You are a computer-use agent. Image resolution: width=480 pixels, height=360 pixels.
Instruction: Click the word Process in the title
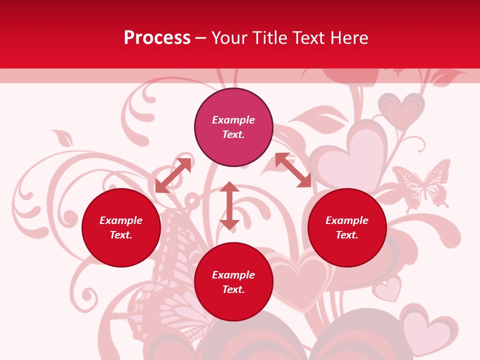coord(157,38)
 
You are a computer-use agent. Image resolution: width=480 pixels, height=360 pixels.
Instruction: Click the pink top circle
coord(233,127)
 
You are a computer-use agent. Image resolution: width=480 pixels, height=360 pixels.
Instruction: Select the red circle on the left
coord(121,227)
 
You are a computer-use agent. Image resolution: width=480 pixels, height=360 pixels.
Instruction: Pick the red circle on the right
coord(347,227)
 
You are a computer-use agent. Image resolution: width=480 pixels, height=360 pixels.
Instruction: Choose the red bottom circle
coord(233,282)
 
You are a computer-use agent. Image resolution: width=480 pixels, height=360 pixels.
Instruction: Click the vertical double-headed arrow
coord(229,205)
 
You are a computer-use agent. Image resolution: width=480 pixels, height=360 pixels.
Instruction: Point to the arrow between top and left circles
coord(173,175)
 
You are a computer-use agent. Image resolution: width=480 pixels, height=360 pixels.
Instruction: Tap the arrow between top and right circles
coord(293,170)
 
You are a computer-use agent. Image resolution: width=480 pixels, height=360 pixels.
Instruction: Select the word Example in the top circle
coord(233,120)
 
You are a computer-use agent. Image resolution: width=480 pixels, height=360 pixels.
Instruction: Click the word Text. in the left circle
coord(121,235)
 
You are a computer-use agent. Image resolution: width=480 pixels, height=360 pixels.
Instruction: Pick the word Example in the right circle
coord(347,220)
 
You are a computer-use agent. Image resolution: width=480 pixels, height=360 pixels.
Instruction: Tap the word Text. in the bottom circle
coord(233,289)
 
